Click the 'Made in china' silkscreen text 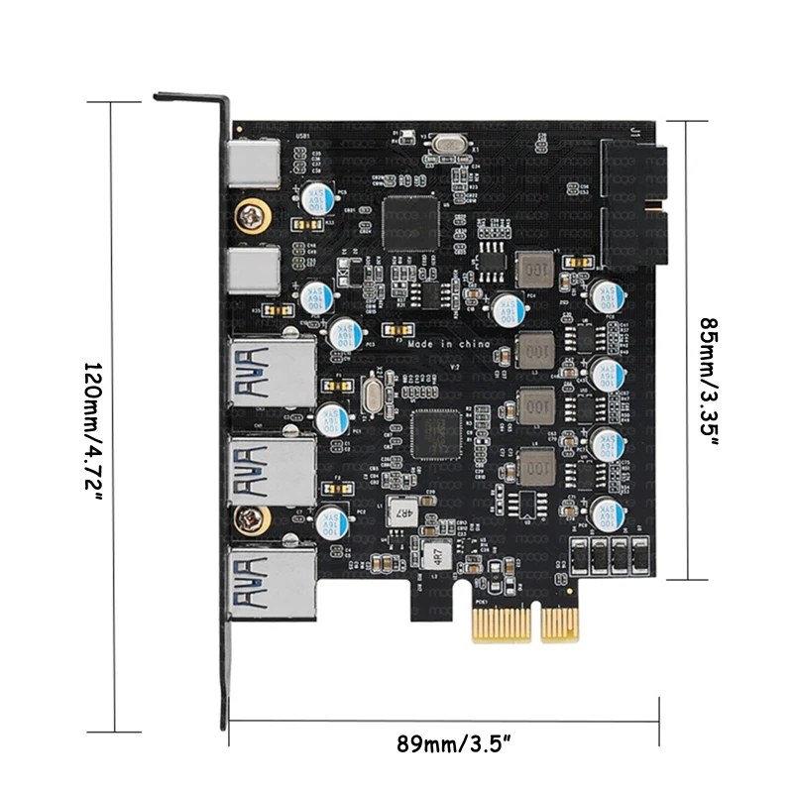(x=450, y=342)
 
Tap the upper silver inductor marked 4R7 (x=403, y=510)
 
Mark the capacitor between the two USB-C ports (x=316, y=194)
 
